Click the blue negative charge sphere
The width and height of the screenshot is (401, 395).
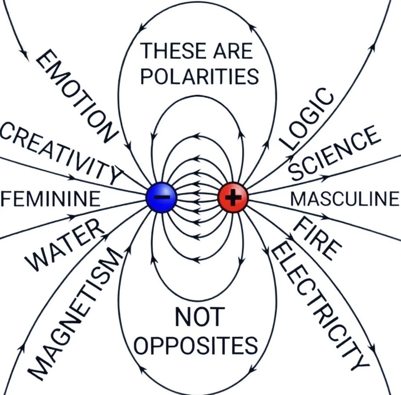[x=161, y=197]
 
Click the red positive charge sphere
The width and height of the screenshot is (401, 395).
[x=233, y=197]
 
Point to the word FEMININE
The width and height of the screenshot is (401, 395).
[x=51, y=199]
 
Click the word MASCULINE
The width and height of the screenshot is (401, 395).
[x=345, y=199]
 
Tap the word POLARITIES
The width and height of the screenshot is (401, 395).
[x=199, y=76]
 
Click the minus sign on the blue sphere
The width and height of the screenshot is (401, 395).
[x=161, y=197]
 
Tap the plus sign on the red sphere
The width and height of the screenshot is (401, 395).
[x=233, y=197]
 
